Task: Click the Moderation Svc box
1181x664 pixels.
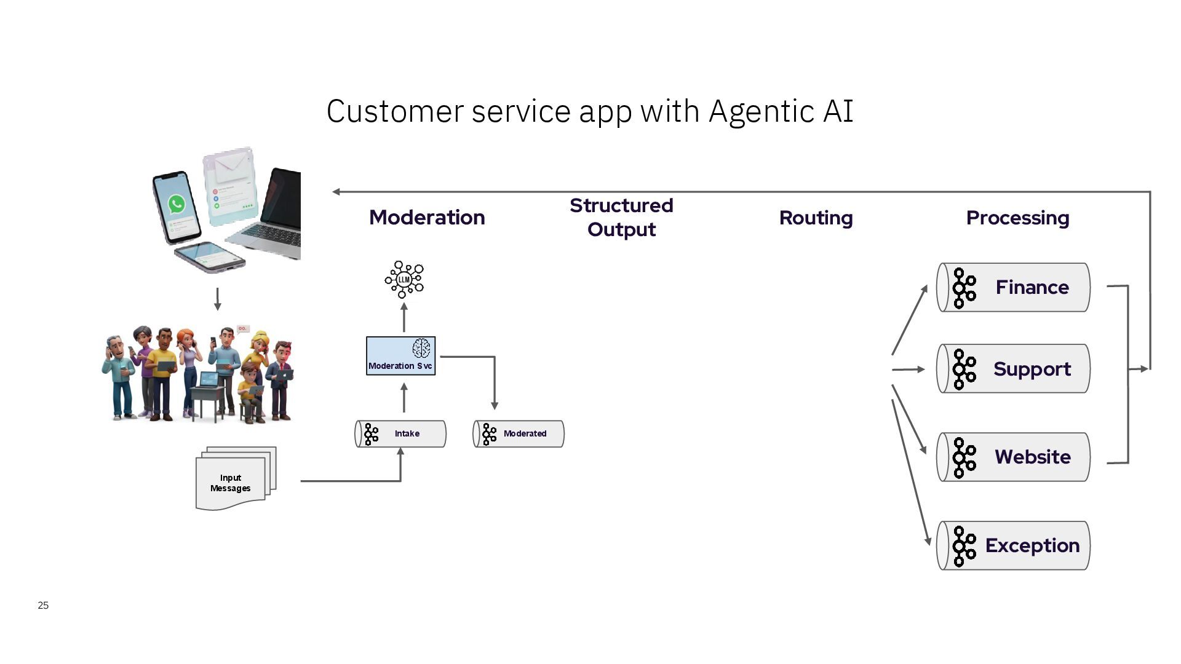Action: coord(400,355)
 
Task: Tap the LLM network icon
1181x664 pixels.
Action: coord(404,280)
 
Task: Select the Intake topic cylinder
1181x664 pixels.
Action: coord(400,433)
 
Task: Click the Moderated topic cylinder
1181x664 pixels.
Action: coord(519,433)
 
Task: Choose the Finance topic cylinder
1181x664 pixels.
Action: coord(1013,287)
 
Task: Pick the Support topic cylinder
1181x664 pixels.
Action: coord(1013,369)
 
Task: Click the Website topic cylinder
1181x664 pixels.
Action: coord(1013,457)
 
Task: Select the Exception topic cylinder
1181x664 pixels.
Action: coord(1013,545)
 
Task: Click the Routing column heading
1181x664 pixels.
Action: coord(816,218)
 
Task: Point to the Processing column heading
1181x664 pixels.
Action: coord(1017,218)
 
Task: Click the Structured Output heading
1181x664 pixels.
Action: coord(621,217)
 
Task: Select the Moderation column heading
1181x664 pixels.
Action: coord(427,217)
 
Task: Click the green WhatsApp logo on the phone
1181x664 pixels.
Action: coord(177,204)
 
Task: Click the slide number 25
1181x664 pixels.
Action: coord(43,605)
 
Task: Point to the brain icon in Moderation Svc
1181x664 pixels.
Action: coord(421,348)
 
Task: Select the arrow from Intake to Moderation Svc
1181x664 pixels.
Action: coord(404,397)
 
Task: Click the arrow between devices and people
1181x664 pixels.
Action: coord(217,299)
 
